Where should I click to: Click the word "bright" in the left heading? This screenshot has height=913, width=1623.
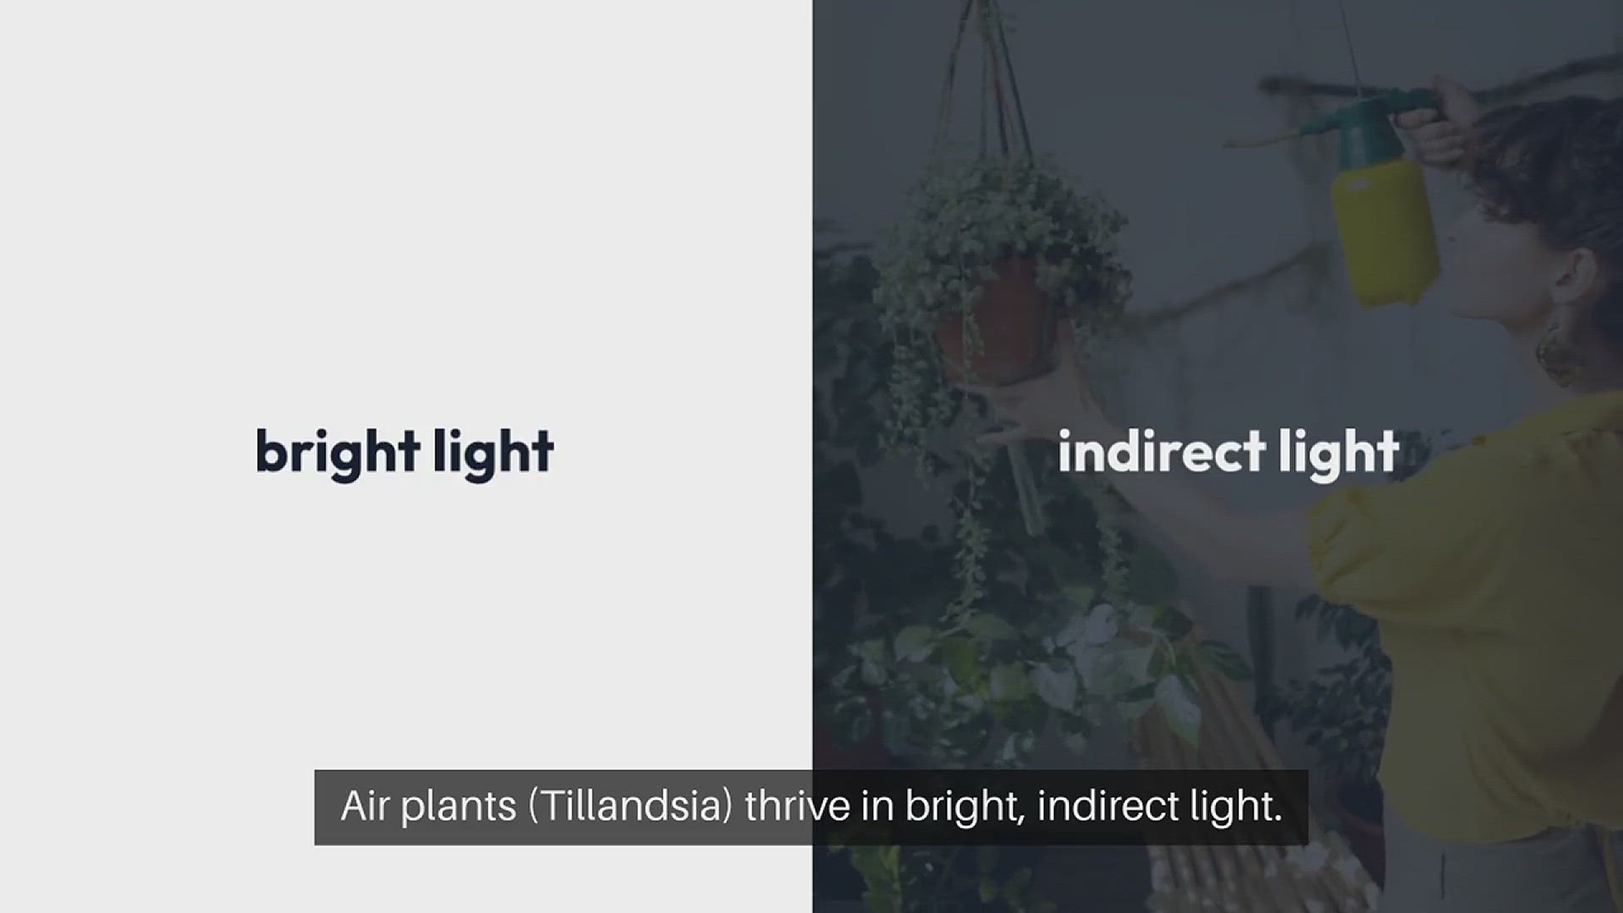[338, 453]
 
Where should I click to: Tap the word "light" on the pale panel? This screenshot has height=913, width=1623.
[494, 453]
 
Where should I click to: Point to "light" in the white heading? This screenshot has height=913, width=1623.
[1339, 453]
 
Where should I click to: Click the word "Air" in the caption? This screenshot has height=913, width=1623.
[364, 806]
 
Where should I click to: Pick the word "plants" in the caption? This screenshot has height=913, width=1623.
[458, 809]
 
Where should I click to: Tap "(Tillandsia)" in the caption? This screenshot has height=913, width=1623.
[631, 807]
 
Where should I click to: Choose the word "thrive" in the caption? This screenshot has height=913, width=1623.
[797, 806]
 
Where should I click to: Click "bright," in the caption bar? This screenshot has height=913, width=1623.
[965, 809]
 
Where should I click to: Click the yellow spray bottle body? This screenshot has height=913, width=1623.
[1385, 227]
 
